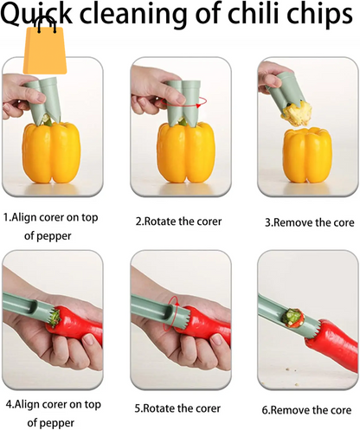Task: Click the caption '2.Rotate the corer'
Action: tap(179, 221)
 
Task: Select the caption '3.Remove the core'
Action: tap(308, 221)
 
